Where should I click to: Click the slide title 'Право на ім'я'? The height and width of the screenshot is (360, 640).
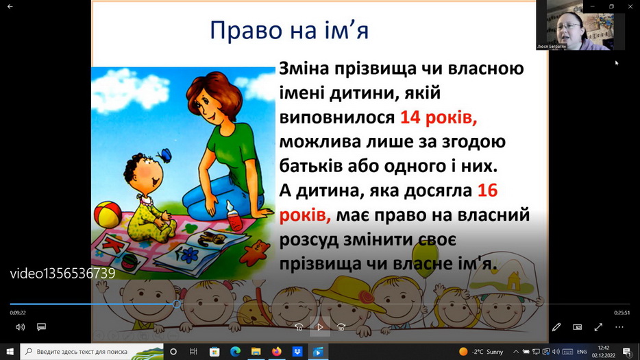point(289,30)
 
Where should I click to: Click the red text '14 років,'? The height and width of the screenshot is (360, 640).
point(439,118)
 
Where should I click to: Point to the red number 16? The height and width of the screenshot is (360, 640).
point(487,191)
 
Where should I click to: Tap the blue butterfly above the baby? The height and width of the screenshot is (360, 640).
point(164,156)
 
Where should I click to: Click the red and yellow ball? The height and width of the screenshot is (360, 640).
point(108,214)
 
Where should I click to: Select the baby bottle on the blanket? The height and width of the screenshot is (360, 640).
point(234,216)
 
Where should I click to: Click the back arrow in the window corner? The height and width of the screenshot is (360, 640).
point(10,7)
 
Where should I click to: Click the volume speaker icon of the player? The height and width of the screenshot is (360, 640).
point(20,327)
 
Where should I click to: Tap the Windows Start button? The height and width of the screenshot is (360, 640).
point(10,351)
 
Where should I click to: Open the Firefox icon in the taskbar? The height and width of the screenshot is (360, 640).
point(276,351)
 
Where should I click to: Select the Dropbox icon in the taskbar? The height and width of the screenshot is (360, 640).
point(297,351)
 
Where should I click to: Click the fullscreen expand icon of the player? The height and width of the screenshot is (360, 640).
point(598,327)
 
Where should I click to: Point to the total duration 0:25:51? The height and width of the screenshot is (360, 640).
point(621,313)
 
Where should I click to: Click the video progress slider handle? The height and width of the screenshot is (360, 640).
point(176,304)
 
